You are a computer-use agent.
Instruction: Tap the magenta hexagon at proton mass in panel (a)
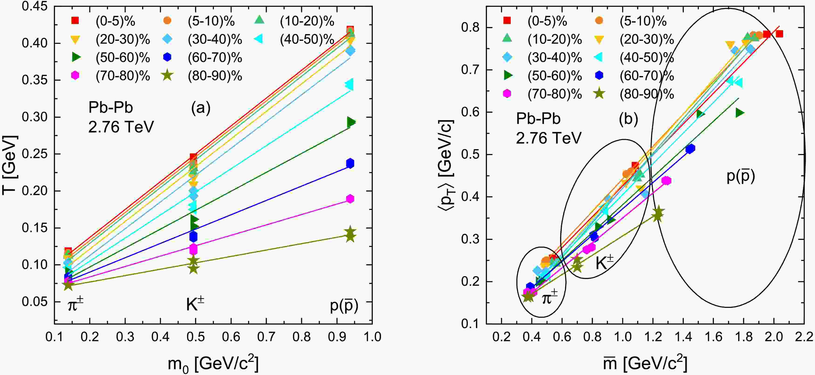click(x=350, y=199)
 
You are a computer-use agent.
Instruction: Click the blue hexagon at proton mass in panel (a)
click(x=350, y=164)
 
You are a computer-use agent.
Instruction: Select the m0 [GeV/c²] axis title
click(x=213, y=364)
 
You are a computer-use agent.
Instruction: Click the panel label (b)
click(x=628, y=119)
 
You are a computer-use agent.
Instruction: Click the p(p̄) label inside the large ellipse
click(x=740, y=176)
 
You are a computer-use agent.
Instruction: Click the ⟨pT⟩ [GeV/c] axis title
click(x=446, y=165)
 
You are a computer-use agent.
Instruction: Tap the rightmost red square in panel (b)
click(x=780, y=34)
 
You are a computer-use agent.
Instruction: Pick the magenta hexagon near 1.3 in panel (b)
click(x=666, y=181)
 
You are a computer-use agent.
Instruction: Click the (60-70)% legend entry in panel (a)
click(x=215, y=58)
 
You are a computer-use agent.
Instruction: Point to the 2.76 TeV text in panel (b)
click(x=549, y=138)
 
